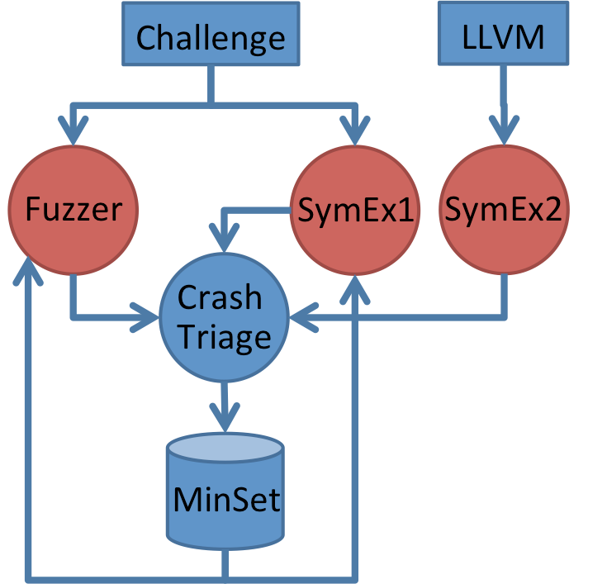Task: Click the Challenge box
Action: pos(211,37)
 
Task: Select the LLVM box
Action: pos(504,37)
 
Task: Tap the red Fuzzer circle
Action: pos(74,211)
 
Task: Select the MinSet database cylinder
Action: pos(225,496)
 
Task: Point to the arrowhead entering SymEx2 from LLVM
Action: pos(504,132)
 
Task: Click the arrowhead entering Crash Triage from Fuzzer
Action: pos(147,316)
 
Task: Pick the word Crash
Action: pos(221,297)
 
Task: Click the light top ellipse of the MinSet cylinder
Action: pos(225,446)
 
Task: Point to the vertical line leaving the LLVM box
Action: pos(504,91)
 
